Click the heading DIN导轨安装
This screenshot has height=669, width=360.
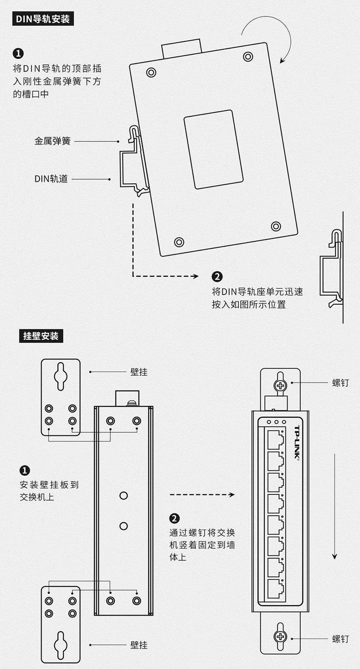pos(43,19)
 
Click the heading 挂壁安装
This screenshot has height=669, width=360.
pos(41,336)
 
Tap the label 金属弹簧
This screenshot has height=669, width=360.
pos(52,141)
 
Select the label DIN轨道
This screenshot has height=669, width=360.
pos(51,179)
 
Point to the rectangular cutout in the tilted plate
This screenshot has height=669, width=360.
pos(213,149)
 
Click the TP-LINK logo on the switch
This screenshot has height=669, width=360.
pos(296,443)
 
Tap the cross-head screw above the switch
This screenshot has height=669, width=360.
pos(280,385)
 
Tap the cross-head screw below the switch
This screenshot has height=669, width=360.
pos(280,637)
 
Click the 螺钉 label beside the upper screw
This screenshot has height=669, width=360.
pos(340,383)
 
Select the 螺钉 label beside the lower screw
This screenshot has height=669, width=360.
pos(340,639)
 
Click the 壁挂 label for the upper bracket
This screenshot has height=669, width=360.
pos(139,372)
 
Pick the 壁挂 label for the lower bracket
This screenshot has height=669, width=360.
pos(139,645)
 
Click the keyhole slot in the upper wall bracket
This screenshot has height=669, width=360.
pos(61,376)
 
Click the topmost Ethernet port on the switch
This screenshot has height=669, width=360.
pos(275,439)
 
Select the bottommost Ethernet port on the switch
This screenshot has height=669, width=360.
pos(275,589)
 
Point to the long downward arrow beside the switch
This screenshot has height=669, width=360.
pos(335,506)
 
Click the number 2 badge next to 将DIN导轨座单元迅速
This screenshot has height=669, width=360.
pos(217,276)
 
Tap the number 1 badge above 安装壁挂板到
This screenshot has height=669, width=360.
pos(25,471)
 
